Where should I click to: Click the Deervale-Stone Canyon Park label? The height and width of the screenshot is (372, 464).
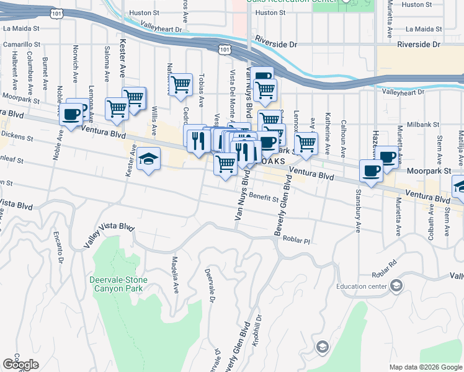117,284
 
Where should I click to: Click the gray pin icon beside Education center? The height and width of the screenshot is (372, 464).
396,286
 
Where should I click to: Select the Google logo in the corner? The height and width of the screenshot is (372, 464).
20,365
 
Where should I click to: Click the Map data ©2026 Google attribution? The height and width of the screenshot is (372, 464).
425,367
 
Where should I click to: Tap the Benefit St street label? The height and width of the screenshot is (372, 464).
266,196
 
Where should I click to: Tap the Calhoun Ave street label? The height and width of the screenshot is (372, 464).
342,128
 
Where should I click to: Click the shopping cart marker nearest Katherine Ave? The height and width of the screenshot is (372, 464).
306,143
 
